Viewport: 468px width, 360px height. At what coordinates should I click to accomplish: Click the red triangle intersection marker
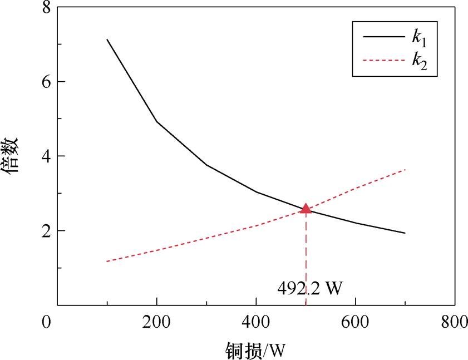click(306, 209)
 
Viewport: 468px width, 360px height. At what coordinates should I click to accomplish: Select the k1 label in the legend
click(420, 38)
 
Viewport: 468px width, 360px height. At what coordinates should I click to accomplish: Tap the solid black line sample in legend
click(383, 37)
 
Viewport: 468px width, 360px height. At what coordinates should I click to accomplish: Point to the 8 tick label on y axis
click(47, 7)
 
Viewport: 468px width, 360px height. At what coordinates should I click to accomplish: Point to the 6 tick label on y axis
click(47, 82)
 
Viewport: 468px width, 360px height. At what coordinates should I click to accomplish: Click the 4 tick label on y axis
click(47, 156)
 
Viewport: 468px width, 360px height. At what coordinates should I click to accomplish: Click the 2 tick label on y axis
click(47, 231)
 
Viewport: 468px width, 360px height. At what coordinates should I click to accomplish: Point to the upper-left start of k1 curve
click(107, 40)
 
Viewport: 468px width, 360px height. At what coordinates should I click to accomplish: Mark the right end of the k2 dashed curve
click(405, 169)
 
